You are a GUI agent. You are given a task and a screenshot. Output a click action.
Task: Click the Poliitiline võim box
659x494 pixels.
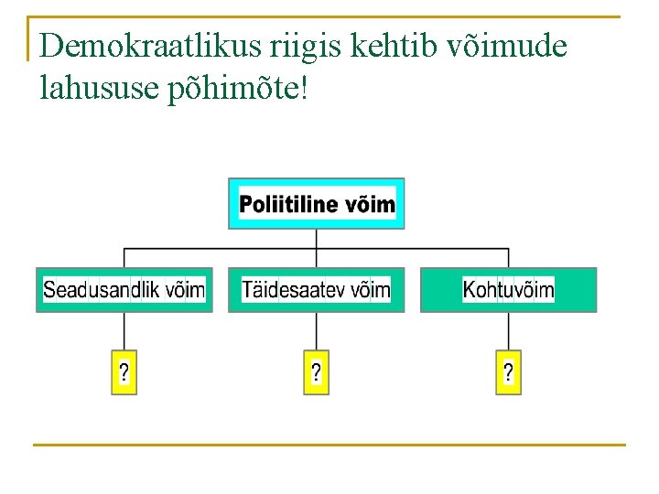coord(316,203)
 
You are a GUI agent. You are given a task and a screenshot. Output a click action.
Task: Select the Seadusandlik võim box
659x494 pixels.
coord(124,290)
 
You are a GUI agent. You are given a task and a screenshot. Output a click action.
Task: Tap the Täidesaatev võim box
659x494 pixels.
coord(316,290)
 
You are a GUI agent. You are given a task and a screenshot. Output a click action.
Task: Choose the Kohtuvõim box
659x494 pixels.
coord(508,290)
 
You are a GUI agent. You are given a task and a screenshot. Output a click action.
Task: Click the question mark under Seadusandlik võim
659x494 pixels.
coord(124,372)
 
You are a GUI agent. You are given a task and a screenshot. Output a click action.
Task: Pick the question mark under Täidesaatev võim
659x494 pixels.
coord(316,372)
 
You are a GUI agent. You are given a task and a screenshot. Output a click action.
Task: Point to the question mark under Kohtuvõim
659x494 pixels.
coord(508,372)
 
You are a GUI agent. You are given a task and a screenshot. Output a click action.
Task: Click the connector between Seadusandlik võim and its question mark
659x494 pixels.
coord(124,331)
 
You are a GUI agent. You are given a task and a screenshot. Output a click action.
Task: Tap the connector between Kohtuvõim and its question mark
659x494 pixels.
coord(508,331)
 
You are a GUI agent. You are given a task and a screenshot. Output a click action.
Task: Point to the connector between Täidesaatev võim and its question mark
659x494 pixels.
coord(316,331)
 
